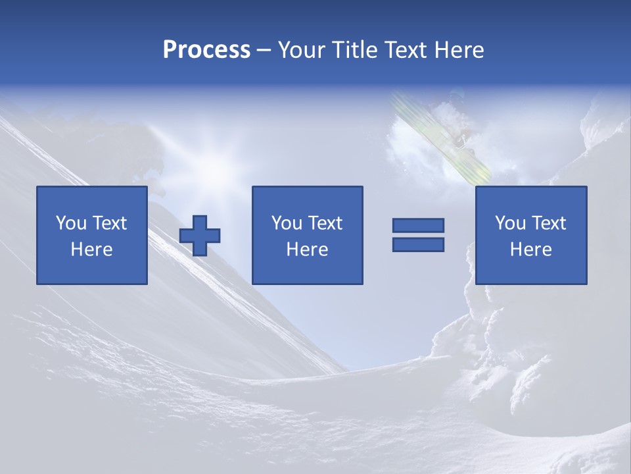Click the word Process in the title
point(206,50)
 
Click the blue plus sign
point(200,236)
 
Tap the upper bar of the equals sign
point(418,226)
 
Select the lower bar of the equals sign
point(418,244)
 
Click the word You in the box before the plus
point(71,223)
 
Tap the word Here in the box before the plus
point(91,250)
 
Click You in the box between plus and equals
point(287,223)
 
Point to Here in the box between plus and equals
point(307,250)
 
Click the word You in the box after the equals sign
point(510,223)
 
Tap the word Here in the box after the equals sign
point(530,250)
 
